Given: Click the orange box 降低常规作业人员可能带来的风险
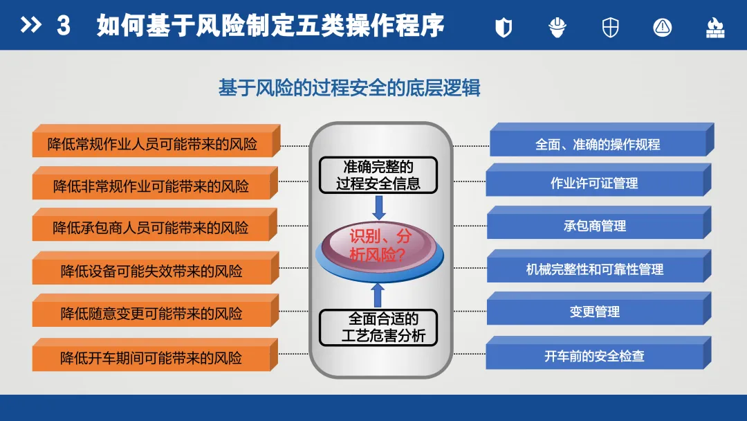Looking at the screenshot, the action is click(153, 144).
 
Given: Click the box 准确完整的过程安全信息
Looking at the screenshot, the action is click(378, 175).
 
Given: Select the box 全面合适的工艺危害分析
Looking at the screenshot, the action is click(378, 328).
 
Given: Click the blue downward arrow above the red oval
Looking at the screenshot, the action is click(378, 206).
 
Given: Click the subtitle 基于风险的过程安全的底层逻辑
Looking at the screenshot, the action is click(349, 89).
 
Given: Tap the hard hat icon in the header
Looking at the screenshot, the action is click(557, 27).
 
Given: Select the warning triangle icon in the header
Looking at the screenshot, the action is click(662, 27).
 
